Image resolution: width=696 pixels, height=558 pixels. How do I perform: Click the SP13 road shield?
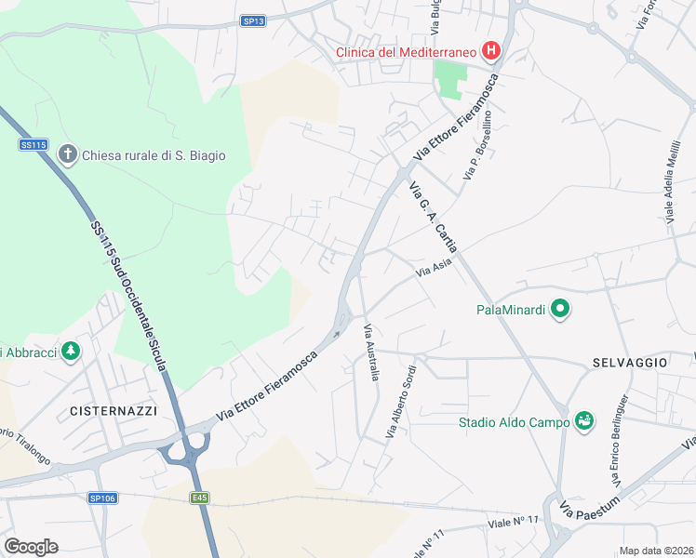click(x=253, y=20)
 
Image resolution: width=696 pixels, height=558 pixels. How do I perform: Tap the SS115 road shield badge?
click(x=33, y=144)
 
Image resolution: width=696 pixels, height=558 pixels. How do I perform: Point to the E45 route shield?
click(x=200, y=498)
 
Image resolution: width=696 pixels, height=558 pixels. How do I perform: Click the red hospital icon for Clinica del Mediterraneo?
click(x=491, y=52)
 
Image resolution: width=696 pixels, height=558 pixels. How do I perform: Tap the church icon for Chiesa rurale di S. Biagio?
click(x=67, y=155)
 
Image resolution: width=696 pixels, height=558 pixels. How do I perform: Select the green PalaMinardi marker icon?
click(x=559, y=309)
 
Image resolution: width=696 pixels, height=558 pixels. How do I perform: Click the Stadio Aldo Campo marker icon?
click(x=584, y=422)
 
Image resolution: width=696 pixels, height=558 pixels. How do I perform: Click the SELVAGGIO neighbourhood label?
click(x=629, y=361)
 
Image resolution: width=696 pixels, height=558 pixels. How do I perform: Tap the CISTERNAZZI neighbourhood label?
click(x=114, y=410)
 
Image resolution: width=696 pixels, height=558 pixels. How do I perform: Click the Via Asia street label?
click(x=433, y=271)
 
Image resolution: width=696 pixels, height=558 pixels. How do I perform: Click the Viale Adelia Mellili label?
click(x=670, y=181)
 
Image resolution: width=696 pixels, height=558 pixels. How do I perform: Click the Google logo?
click(x=31, y=547)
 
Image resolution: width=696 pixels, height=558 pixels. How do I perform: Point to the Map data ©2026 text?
click(x=656, y=551)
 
